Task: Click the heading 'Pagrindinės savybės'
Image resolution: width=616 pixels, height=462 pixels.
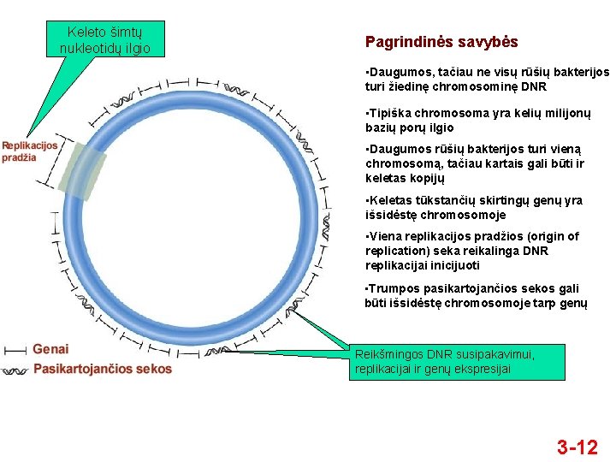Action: pos(441,42)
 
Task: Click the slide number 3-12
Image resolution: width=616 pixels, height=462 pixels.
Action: pos(577,447)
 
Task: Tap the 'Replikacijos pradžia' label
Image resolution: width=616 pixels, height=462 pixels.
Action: pos(29,151)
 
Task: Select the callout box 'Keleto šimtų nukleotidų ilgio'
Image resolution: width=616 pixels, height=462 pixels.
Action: pos(104,40)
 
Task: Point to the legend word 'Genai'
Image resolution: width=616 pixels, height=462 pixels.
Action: pos(50,349)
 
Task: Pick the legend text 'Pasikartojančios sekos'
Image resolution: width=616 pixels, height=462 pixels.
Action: pos(102,370)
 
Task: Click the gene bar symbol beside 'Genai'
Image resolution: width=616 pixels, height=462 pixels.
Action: pos(15,350)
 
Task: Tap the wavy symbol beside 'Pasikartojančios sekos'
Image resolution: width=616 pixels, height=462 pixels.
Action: pos(15,370)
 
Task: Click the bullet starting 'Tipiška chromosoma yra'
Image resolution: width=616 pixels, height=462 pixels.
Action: pos(477,121)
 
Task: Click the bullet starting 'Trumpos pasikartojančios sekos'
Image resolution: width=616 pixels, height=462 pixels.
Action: pos(476,296)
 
